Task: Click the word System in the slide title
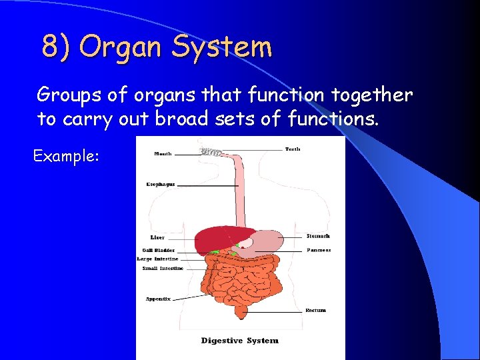[x=222, y=47]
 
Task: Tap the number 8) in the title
[x=56, y=47]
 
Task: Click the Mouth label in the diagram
[x=163, y=153]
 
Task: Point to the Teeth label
[x=293, y=149]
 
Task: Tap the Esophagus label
[x=161, y=184]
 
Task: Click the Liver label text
[x=157, y=237]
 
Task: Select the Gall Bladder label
[x=155, y=251]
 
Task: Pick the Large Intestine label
[x=157, y=259]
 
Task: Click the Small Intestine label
[x=163, y=268]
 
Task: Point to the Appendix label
[x=158, y=299]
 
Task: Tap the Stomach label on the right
[x=318, y=236]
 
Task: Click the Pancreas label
[x=319, y=250]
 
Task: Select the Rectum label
[x=315, y=310]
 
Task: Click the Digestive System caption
[x=240, y=341]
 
